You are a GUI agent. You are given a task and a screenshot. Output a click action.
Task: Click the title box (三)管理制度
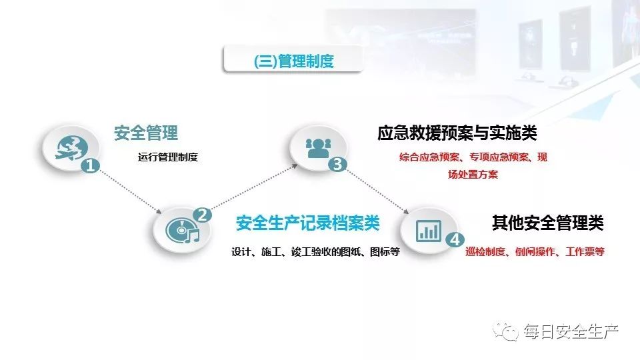coord(293,62)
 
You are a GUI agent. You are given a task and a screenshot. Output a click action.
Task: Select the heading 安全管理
coord(146,133)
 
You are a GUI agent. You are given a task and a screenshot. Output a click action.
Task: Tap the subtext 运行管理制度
coord(169,158)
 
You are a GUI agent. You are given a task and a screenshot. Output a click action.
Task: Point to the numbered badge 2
coord(202,215)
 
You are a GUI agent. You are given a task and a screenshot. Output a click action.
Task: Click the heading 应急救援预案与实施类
coord(457,133)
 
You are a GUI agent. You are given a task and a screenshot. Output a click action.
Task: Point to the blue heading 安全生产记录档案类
coord(307,223)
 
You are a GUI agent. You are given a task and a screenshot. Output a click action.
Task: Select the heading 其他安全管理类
coord(548,223)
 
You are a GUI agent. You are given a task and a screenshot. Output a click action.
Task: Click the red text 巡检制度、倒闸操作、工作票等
coord(535,252)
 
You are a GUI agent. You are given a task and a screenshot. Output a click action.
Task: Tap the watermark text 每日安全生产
coord(571,331)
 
